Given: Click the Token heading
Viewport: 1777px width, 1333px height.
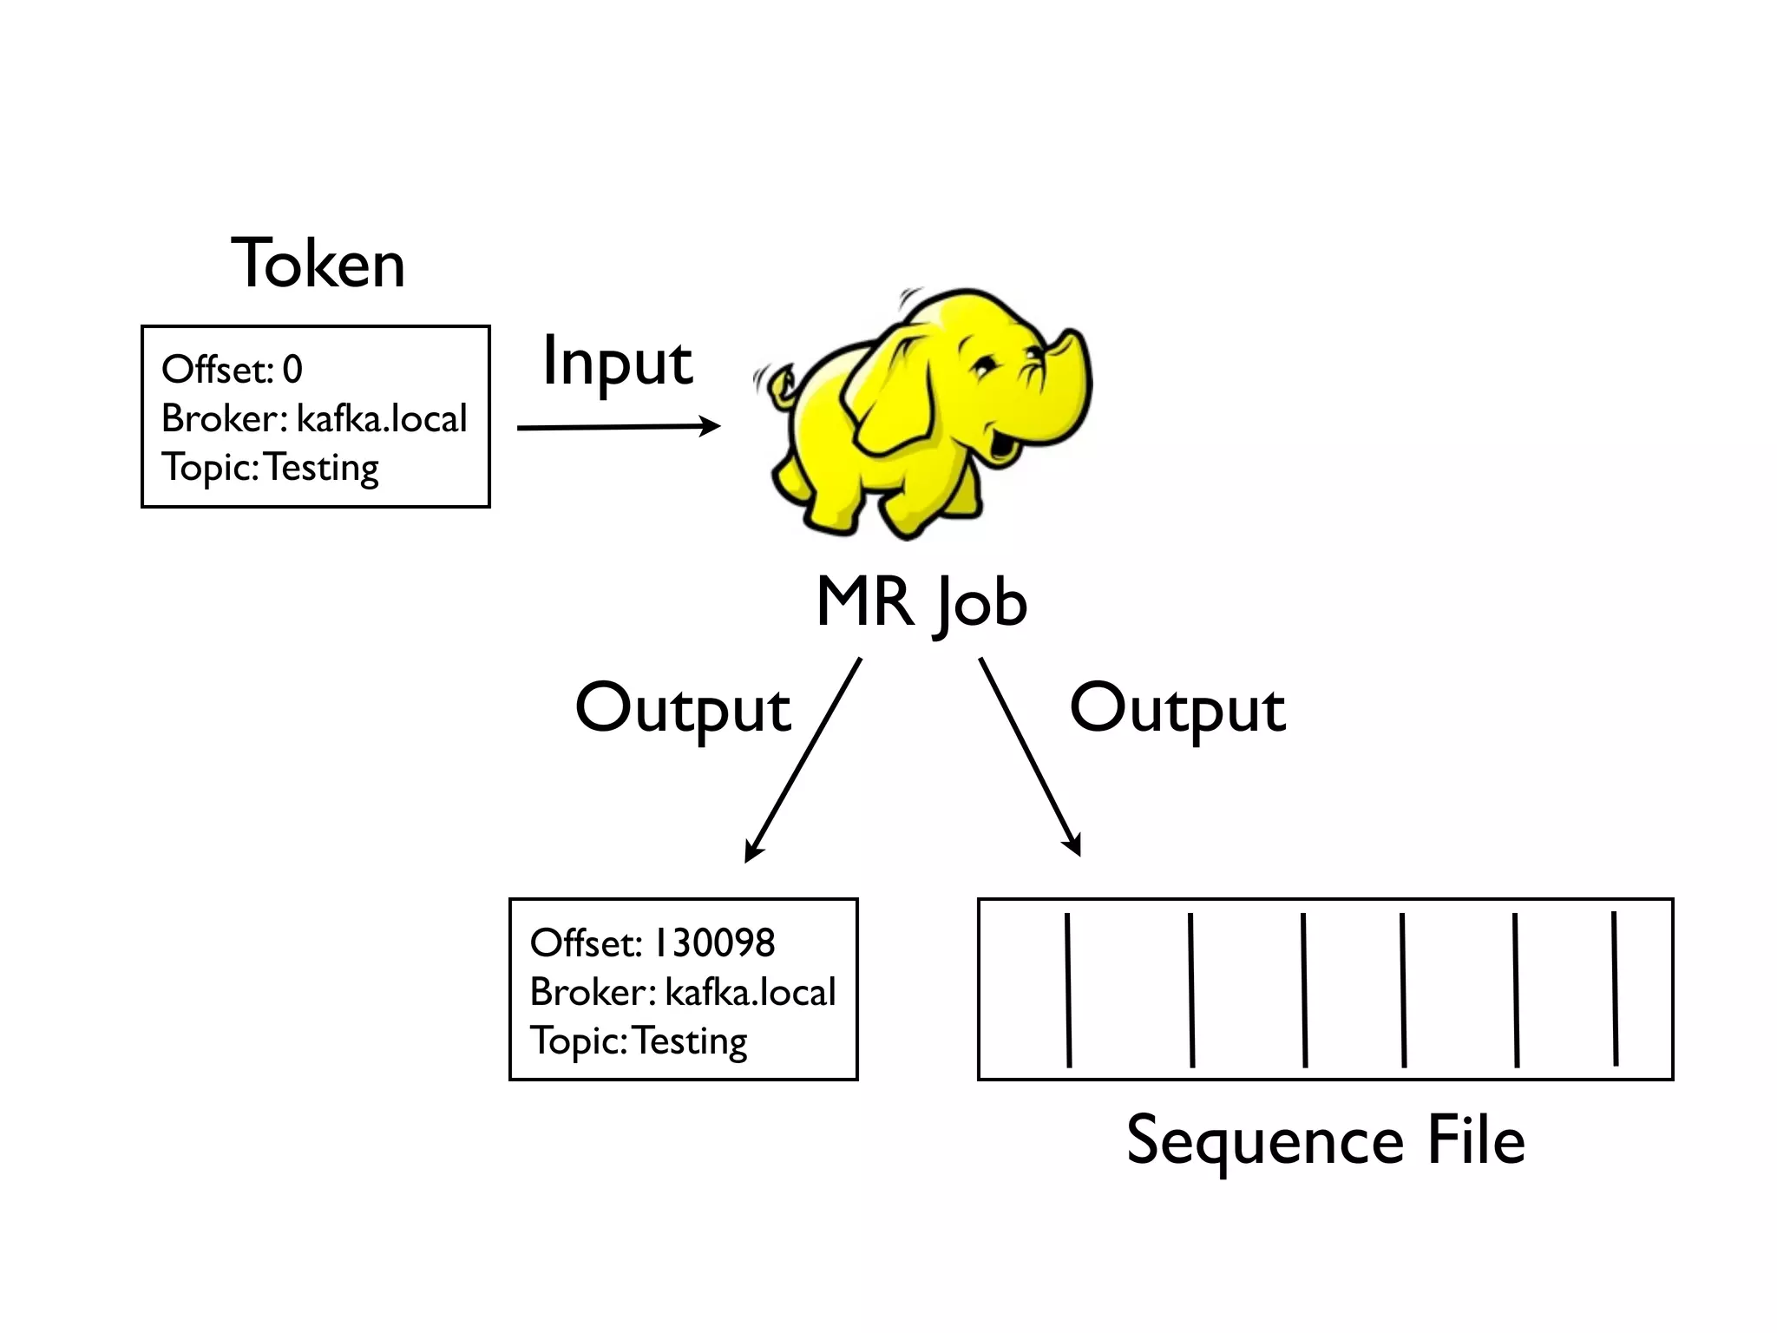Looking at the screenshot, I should click(318, 263).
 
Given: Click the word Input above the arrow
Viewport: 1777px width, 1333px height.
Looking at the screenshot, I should click(617, 363).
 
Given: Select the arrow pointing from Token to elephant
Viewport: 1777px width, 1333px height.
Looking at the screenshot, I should click(618, 427).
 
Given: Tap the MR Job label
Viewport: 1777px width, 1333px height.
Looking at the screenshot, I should click(921, 602).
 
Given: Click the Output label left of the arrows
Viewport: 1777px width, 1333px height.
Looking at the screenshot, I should click(683, 709).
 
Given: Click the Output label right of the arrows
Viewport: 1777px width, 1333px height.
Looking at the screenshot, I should click(1177, 709).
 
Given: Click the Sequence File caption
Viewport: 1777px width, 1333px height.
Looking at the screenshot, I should click(1325, 1140).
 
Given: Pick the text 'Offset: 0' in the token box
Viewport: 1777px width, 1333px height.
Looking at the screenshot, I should click(233, 370).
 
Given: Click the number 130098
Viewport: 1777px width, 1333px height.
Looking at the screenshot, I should click(714, 943).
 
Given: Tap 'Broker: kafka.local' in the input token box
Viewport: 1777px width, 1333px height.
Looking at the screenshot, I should click(314, 419).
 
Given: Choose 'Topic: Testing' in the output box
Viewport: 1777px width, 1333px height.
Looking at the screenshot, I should click(639, 1041).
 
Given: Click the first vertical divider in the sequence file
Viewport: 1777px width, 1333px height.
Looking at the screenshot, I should click(1068, 989).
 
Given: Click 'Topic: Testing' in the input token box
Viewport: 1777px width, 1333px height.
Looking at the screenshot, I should click(271, 468).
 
